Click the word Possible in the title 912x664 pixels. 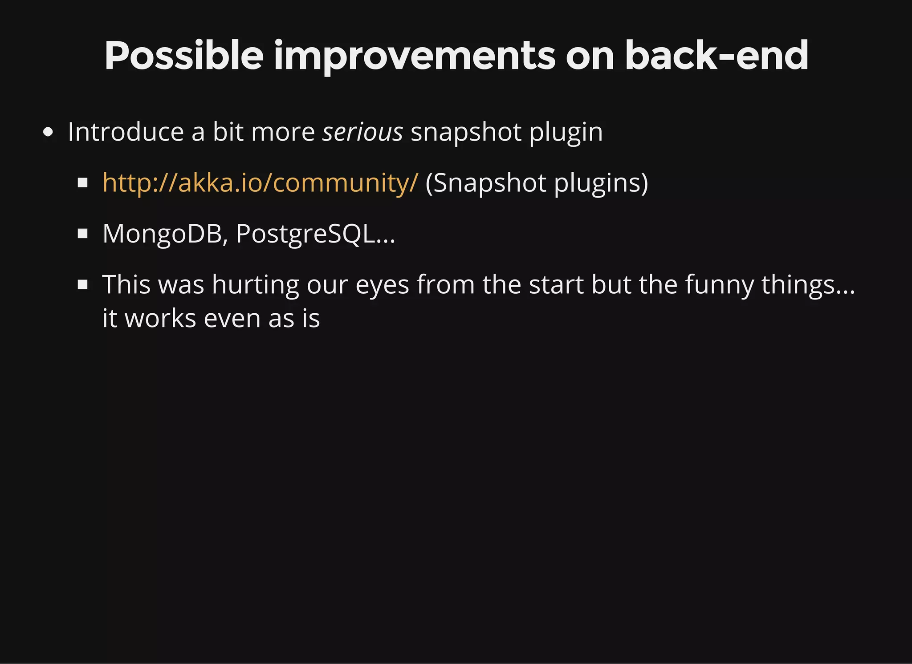183,56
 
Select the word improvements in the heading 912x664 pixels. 414,56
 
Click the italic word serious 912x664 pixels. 362,132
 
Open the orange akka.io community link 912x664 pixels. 260,183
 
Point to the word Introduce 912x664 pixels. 126,132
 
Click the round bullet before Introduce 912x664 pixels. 48,133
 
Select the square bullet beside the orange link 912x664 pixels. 82,183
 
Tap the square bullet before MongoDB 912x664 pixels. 82,234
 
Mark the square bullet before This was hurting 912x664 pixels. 82,284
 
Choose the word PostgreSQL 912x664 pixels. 305,234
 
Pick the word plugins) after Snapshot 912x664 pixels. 601,183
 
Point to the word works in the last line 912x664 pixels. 160,319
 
